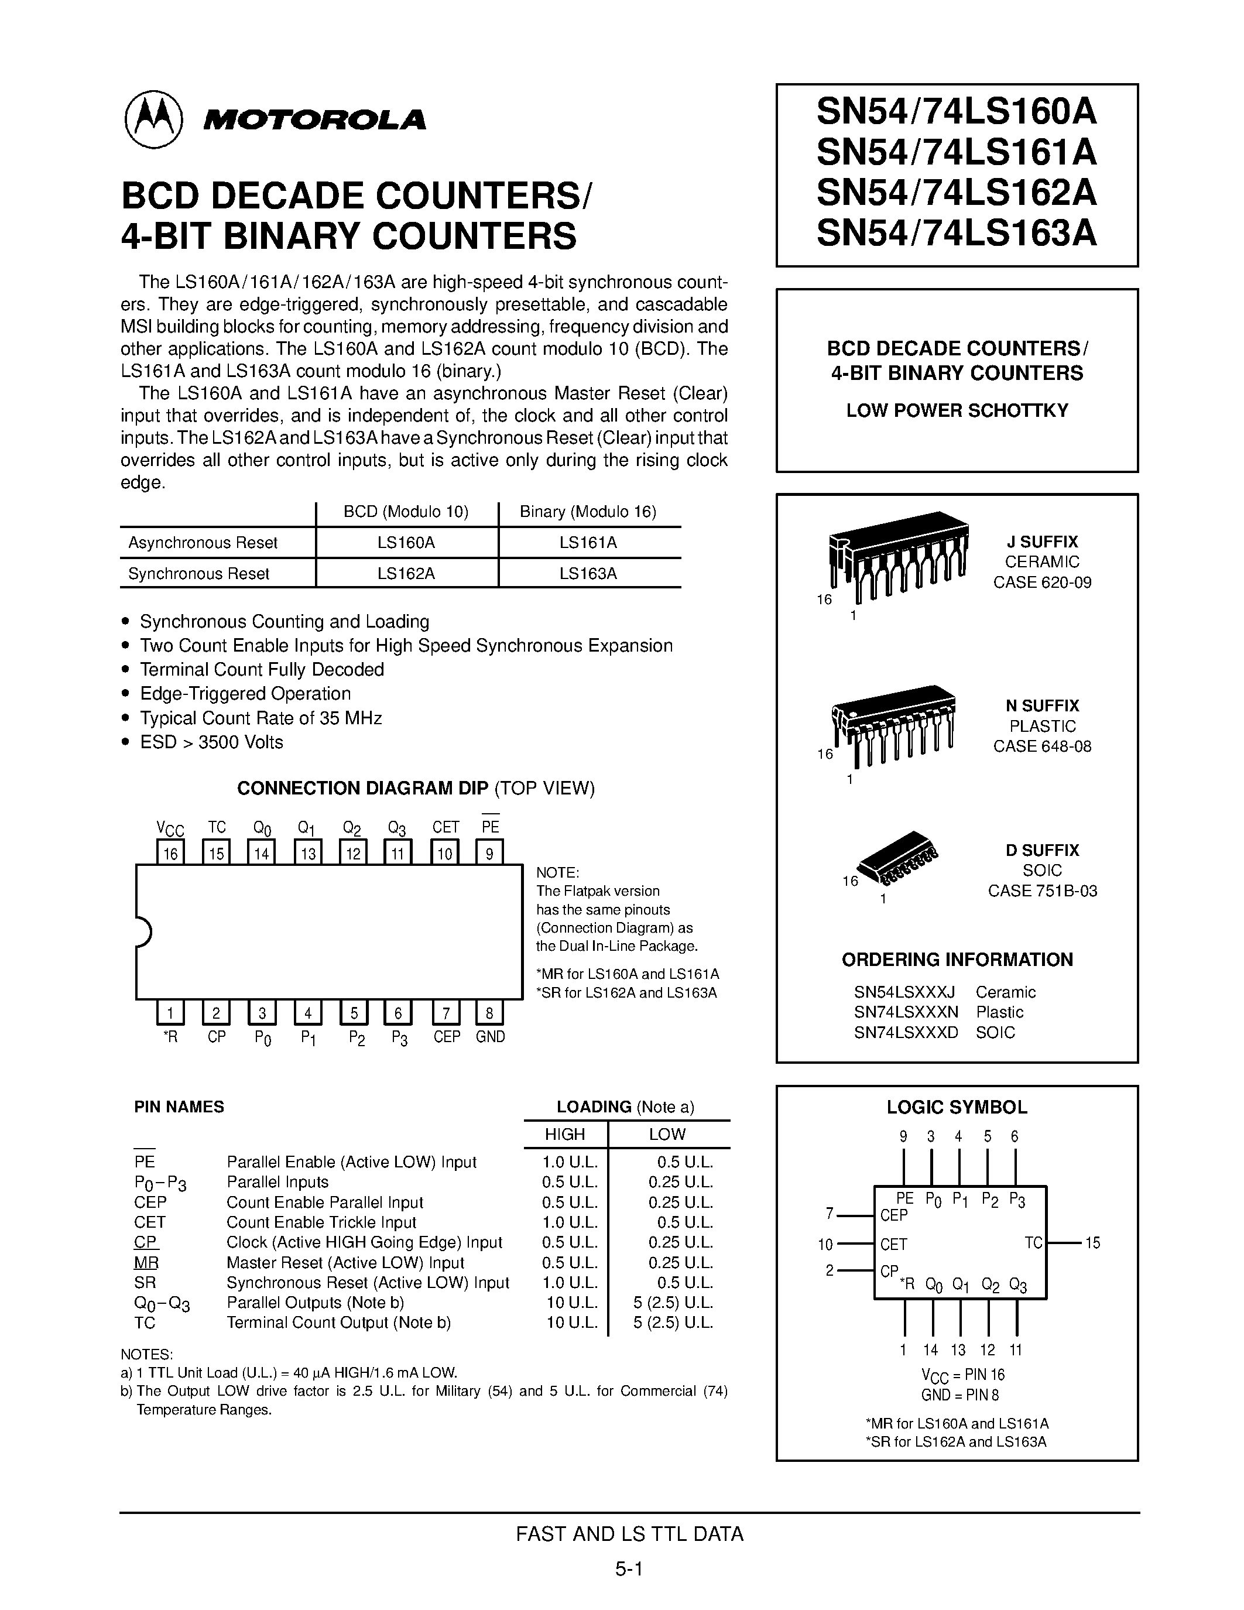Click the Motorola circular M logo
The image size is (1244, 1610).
click(x=153, y=119)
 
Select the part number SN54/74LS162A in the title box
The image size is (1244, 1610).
click(x=956, y=193)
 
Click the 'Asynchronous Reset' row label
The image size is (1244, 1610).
click(x=203, y=543)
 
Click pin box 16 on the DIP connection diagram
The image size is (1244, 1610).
click(x=170, y=853)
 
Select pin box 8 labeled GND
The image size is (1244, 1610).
click(x=489, y=1013)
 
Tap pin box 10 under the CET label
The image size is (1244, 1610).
click(x=445, y=853)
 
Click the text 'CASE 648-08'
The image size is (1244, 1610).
click(x=1041, y=746)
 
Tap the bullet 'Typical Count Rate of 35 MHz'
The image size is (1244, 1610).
click(x=261, y=718)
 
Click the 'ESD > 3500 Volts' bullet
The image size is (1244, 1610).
click(x=211, y=742)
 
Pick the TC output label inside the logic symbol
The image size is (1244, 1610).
click(x=1033, y=1243)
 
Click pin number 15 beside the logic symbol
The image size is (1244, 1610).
click(x=1092, y=1243)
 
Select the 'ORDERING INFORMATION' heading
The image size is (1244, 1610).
click(x=957, y=960)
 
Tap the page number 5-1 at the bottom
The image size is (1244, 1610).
click(x=629, y=1568)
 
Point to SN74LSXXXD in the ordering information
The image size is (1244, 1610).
click(x=906, y=1032)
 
